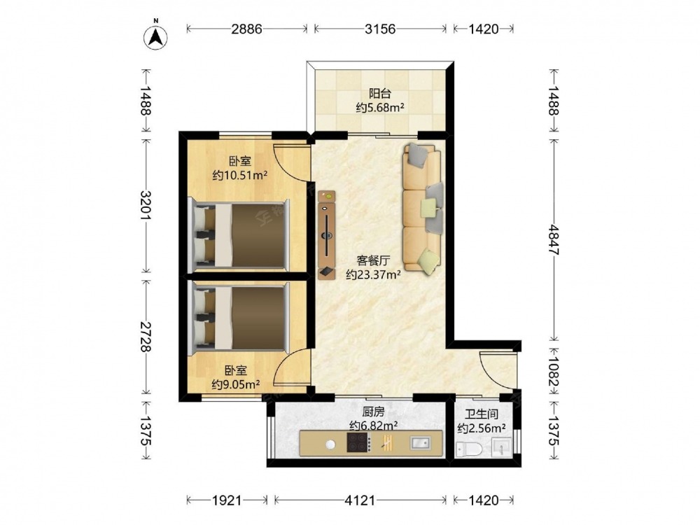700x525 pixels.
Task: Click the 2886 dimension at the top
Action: (x=246, y=29)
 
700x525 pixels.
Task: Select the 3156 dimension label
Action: (x=380, y=29)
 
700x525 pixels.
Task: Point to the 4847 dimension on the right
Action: (x=554, y=239)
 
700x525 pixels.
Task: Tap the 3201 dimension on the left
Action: (x=146, y=205)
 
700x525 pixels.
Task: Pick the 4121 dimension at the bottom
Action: (x=360, y=500)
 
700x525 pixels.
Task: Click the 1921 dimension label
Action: (x=226, y=500)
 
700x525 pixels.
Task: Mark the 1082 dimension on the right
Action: (x=554, y=371)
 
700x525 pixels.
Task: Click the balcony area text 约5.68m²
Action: (x=380, y=108)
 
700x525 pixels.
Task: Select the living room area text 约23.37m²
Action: (x=373, y=274)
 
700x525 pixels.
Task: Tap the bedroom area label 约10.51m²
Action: (x=239, y=176)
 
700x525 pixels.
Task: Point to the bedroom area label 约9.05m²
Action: (x=236, y=384)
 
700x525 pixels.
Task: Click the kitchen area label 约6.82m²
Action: (x=374, y=426)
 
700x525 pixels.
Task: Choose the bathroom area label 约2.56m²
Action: (x=482, y=428)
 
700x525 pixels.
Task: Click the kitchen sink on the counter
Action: (x=420, y=443)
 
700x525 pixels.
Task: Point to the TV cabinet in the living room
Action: (x=327, y=234)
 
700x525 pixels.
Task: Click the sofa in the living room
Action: (x=423, y=209)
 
